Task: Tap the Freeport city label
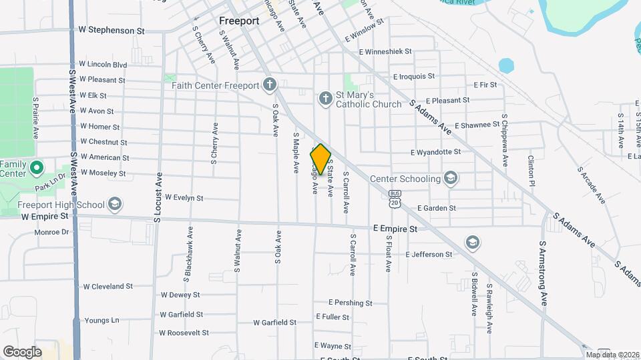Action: (x=239, y=21)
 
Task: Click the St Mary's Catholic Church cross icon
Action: (x=325, y=99)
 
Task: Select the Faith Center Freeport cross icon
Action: (x=270, y=85)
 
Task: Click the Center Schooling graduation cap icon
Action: (x=451, y=178)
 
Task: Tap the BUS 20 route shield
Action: (x=395, y=198)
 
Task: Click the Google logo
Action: (x=21, y=351)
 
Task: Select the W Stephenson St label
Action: (x=112, y=30)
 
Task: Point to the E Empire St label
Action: (x=395, y=228)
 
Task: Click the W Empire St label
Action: (x=45, y=216)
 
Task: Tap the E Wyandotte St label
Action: (x=435, y=152)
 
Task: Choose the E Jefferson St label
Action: (x=429, y=254)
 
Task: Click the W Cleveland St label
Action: (x=108, y=286)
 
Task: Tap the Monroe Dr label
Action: (x=51, y=232)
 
